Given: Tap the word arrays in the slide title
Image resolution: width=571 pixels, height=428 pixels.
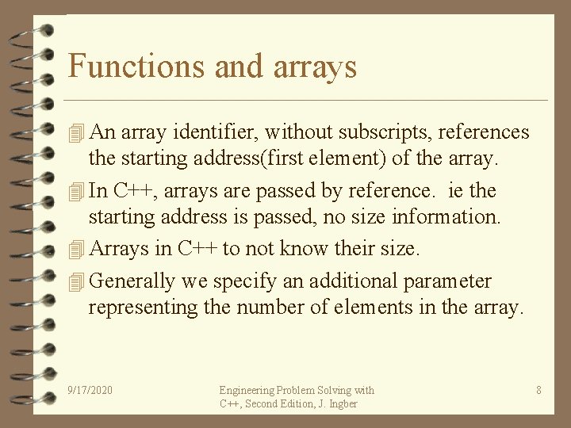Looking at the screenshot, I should [x=315, y=67].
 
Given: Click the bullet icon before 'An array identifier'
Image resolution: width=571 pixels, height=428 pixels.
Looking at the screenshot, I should [x=76, y=132].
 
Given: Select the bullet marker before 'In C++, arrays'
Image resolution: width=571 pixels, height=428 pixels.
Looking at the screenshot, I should [x=76, y=191].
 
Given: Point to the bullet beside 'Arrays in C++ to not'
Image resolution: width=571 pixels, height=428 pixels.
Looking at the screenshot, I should [x=76, y=249].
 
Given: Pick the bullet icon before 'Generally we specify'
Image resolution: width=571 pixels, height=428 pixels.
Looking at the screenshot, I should [x=76, y=281].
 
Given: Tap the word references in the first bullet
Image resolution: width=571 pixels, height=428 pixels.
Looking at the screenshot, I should [x=480, y=132].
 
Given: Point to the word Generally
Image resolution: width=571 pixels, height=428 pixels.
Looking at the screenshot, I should [x=132, y=281].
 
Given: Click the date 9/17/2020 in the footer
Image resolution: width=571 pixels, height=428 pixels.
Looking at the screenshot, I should [x=90, y=390].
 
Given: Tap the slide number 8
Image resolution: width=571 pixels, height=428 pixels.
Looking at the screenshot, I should [x=538, y=390].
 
